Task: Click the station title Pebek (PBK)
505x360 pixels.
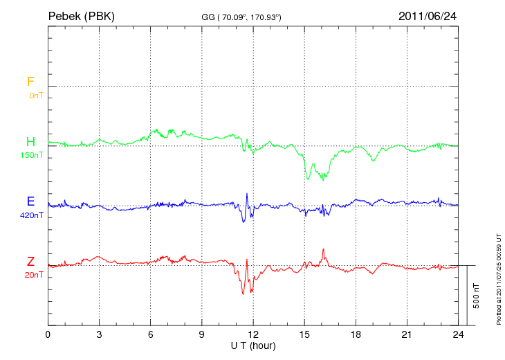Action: click(x=81, y=15)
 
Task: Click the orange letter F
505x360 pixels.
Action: click(x=30, y=82)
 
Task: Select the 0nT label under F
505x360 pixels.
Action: click(x=35, y=95)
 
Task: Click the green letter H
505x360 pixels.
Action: click(x=30, y=142)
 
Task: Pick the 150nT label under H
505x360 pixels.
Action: click(x=32, y=155)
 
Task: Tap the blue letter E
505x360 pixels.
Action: click(x=30, y=202)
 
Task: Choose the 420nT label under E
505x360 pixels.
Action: click(x=32, y=215)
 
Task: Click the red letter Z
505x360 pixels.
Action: click(x=30, y=262)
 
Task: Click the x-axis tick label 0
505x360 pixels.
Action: click(x=48, y=334)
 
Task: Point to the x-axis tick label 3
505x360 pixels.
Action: click(x=99, y=334)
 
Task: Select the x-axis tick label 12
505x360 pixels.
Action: click(x=253, y=334)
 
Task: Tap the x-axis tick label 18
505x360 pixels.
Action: click(x=356, y=334)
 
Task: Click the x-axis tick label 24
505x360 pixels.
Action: click(x=458, y=334)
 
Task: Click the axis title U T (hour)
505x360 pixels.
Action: click(x=253, y=345)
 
